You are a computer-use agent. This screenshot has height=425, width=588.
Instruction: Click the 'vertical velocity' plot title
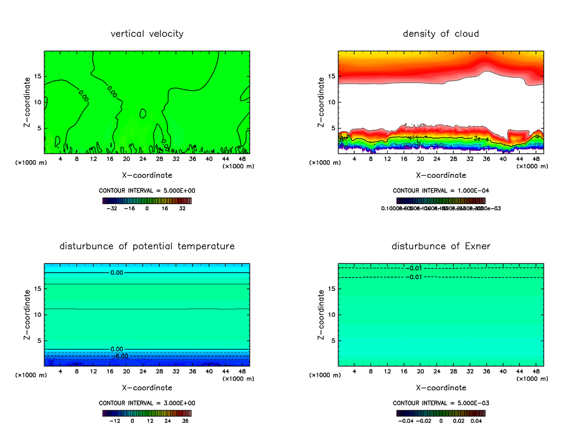pos(147,34)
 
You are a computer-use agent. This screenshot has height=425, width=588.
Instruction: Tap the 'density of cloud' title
pos(441,34)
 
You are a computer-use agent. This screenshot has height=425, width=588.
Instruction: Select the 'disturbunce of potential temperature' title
pos(147,246)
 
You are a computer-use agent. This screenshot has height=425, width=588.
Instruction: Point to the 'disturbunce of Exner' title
pos(441,246)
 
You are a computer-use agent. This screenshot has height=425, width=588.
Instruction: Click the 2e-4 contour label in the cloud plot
pos(481,139)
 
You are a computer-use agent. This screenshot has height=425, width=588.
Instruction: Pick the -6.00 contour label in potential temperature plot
pos(121,356)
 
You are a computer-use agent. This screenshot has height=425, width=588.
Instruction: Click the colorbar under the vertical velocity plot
pos(147,200)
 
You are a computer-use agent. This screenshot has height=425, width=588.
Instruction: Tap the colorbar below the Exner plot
pos(441,413)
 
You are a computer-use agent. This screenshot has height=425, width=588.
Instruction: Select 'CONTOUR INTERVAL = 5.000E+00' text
pos(147,190)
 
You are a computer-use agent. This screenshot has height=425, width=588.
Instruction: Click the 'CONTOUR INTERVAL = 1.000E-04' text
pos(441,190)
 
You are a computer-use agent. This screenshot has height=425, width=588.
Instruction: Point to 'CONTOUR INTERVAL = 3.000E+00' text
pos(147,403)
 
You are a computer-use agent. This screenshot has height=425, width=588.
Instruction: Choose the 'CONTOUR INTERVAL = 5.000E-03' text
pos(441,403)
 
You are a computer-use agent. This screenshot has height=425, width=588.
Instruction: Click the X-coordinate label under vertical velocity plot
pos(147,175)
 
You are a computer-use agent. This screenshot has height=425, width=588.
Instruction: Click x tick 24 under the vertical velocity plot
pos(143,159)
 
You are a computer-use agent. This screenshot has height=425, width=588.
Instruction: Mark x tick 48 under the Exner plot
pos(536,371)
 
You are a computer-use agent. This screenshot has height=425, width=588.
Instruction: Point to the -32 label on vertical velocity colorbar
pos(113,208)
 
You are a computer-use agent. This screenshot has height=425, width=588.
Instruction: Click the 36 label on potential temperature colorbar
pos(185,421)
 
